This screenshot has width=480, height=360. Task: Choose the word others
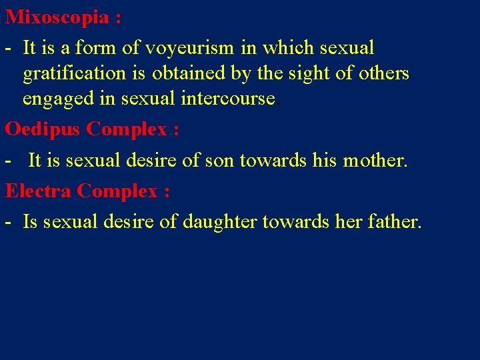382,73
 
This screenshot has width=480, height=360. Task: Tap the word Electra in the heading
38,191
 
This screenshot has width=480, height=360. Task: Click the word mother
374,161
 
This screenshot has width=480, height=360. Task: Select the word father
394,222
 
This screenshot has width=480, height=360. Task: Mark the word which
289,48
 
